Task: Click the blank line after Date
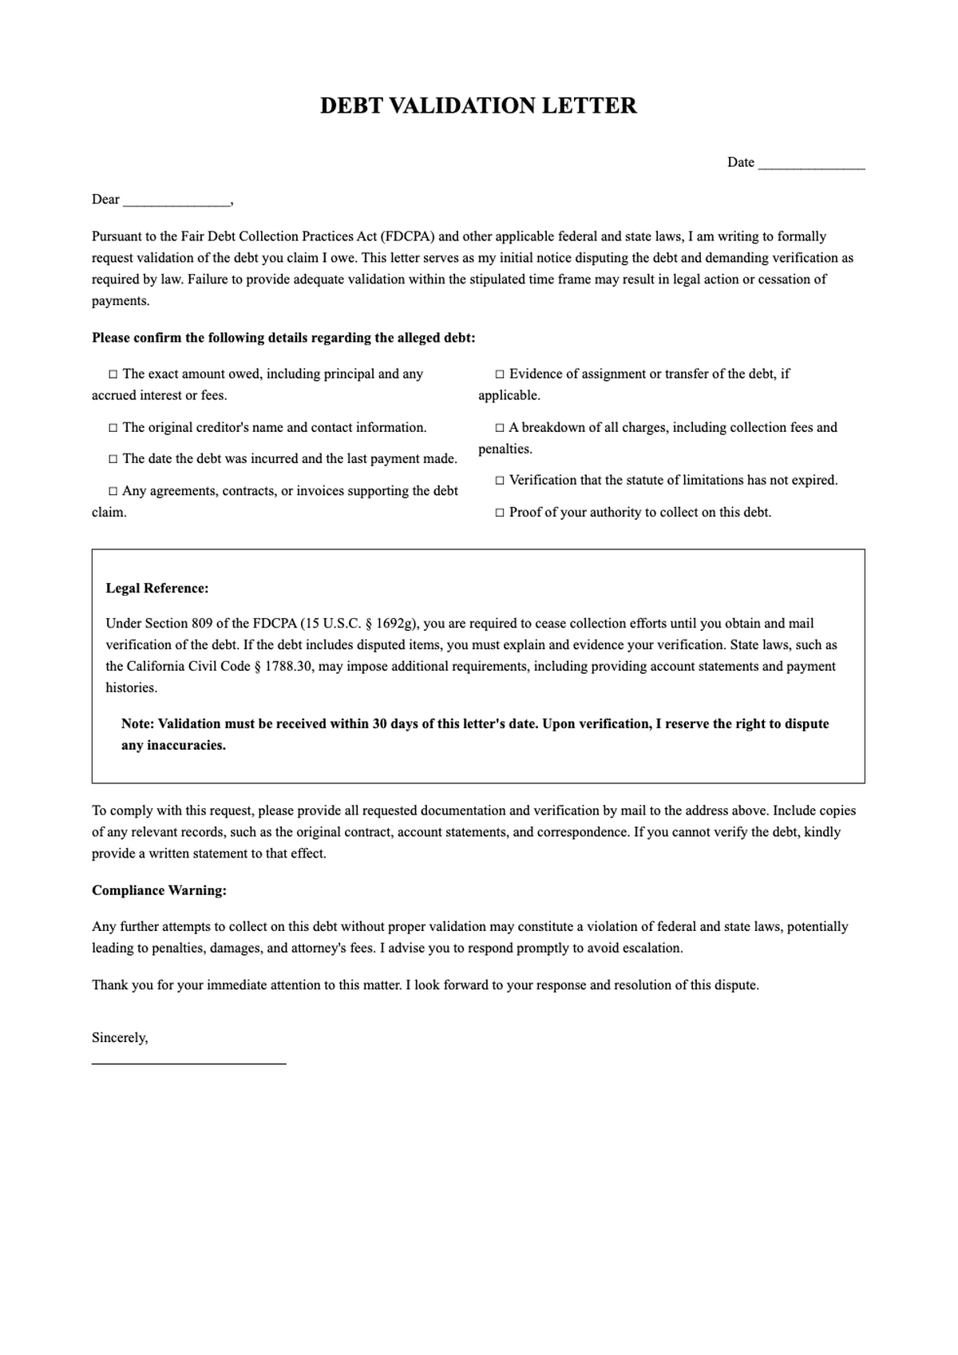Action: click(x=811, y=164)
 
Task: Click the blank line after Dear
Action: click(x=176, y=200)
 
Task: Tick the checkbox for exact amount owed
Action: click(x=113, y=374)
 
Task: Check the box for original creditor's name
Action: click(x=113, y=428)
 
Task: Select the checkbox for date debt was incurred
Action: click(x=113, y=459)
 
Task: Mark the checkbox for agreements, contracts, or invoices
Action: click(x=113, y=491)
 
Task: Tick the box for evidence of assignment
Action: click(x=500, y=374)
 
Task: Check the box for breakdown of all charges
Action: click(x=500, y=428)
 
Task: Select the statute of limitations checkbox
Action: click(x=500, y=481)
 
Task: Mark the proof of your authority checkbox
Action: click(x=500, y=513)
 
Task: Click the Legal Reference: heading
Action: click(x=157, y=588)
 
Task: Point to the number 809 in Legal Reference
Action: click(x=201, y=624)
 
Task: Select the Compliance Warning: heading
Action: click(x=159, y=890)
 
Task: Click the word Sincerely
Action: click(x=119, y=1038)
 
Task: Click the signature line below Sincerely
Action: click(x=188, y=1063)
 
